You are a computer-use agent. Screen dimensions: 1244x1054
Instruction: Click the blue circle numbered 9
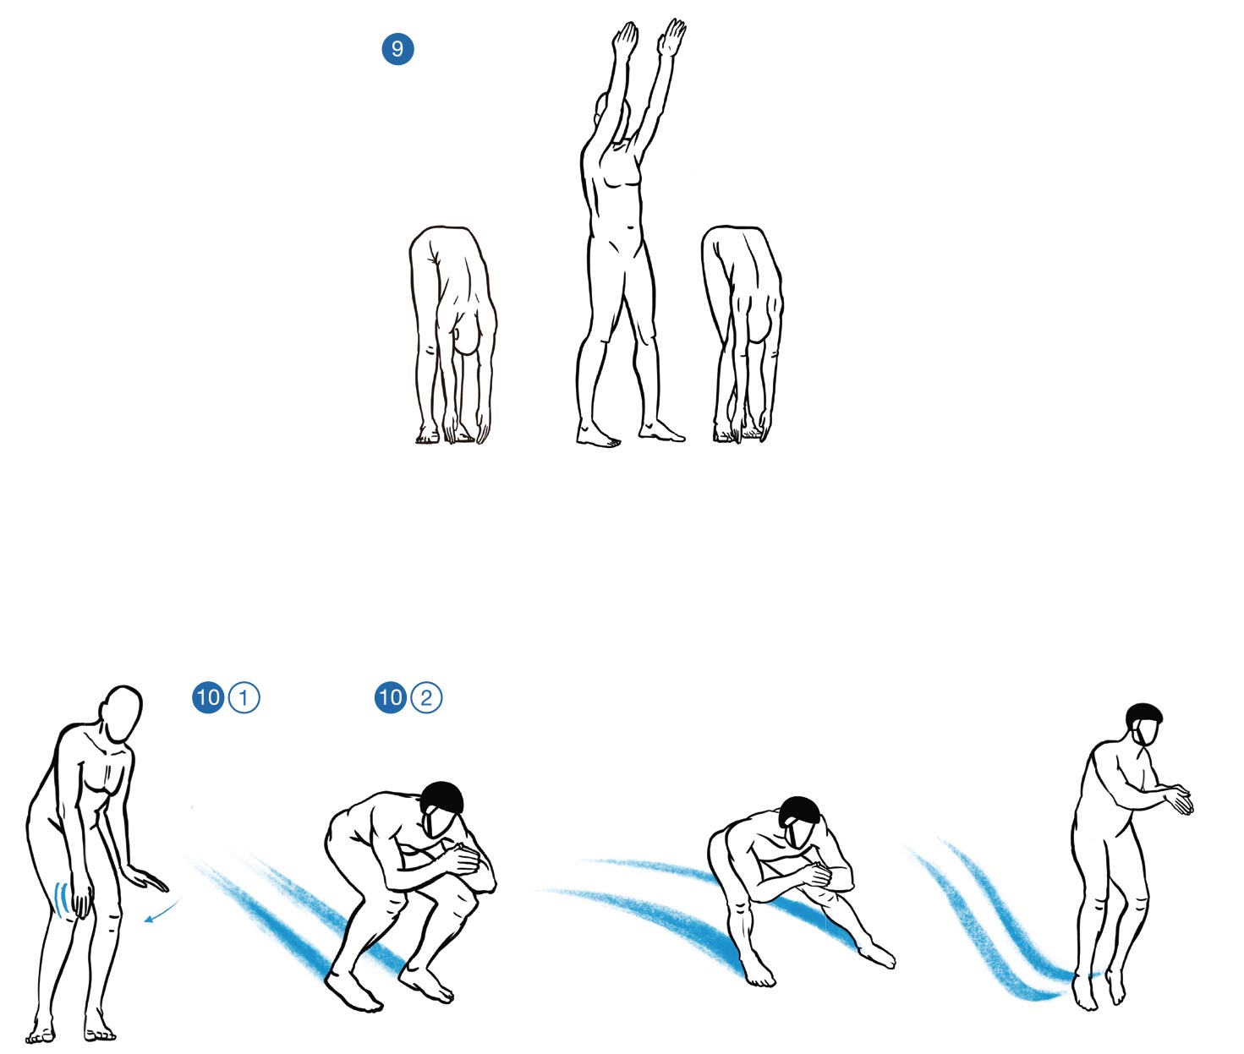point(397,49)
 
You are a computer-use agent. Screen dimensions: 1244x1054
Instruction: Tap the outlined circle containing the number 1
point(244,698)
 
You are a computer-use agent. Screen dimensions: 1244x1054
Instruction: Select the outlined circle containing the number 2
point(426,698)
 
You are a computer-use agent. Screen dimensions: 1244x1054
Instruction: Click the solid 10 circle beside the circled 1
point(208,698)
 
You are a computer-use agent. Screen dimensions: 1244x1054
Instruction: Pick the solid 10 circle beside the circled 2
point(391,698)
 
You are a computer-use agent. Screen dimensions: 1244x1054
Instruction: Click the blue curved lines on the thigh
point(60,898)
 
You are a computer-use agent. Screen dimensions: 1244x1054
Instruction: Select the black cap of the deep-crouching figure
point(442,799)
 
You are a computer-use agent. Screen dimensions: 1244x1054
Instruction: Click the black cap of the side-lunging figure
point(798,812)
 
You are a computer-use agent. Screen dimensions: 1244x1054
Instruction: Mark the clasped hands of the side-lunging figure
point(819,875)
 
